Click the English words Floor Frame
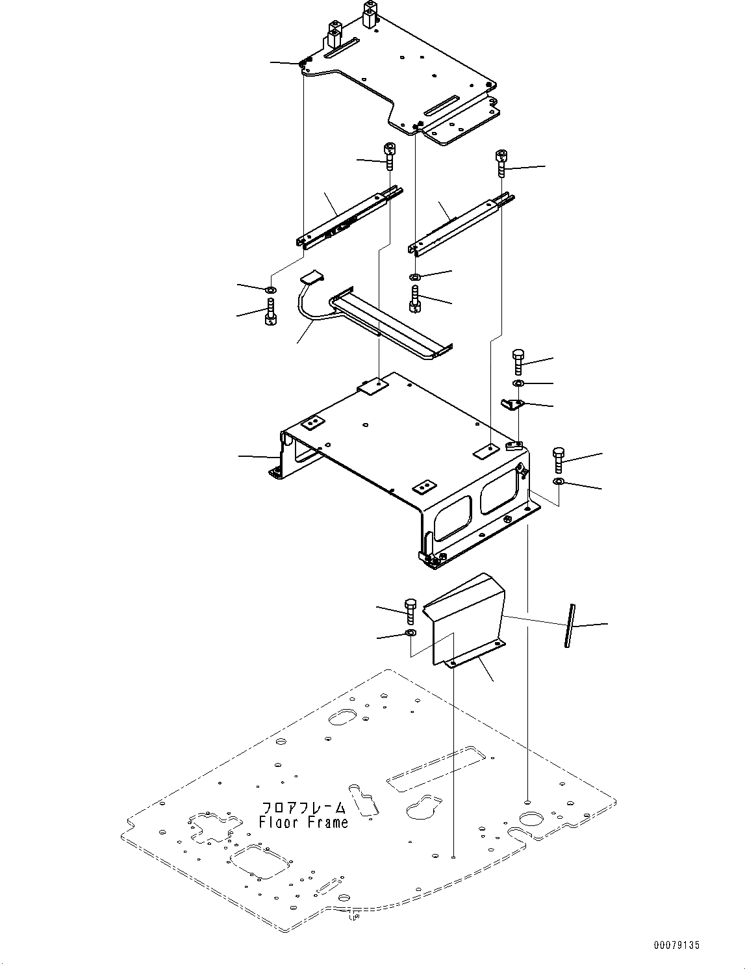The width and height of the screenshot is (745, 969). (303, 822)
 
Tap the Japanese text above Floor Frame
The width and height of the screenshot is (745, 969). (303, 808)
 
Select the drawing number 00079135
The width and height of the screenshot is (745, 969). (676, 946)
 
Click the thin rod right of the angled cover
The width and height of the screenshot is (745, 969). (570, 625)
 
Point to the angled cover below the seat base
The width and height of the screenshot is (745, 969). (465, 617)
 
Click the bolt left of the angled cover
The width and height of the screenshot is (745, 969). (410, 612)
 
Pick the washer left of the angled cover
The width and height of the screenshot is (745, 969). (411, 633)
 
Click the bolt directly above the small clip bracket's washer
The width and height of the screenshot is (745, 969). (518, 361)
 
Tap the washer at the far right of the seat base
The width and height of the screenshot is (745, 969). (559, 482)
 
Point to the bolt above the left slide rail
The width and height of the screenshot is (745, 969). (390, 156)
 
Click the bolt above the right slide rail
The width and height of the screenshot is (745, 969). (501, 162)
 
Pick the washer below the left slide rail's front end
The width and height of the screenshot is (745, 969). (271, 289)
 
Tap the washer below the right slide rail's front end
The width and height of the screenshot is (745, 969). (415, 278)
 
